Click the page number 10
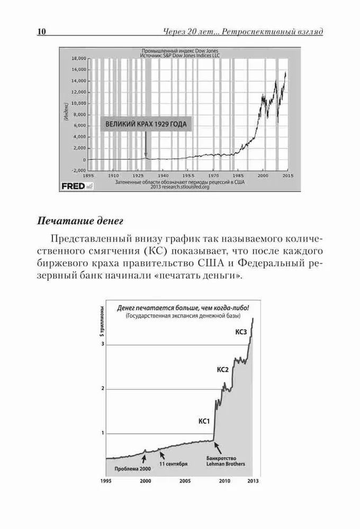[x=41, y=32]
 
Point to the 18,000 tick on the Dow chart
[x=78, y=58]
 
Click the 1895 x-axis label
[x=88, y=175]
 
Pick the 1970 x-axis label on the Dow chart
[x=213, y=175]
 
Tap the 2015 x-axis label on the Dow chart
[x=288, y=175]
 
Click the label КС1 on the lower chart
[x=205, y=422]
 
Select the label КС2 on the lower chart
[x=223, y=369]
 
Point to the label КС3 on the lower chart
[x=241, y=333]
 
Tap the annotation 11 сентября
[x=173, y=464]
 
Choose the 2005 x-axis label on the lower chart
[x=185, y=481]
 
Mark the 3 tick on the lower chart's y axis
[x=104, y=344]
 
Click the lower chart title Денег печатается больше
[x=183, y=307]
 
